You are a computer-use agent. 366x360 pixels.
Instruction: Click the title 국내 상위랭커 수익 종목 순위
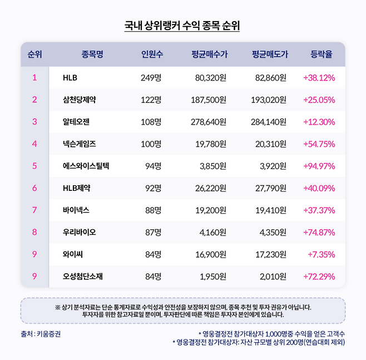(182, 26)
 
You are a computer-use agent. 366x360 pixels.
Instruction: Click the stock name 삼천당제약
(80, 100)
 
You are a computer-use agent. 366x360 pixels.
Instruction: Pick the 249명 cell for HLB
(151, 78)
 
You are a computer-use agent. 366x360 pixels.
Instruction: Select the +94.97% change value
(319, 166)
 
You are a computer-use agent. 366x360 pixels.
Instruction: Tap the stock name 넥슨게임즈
(80, 144)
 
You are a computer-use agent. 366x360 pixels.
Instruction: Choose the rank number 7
(34, 210)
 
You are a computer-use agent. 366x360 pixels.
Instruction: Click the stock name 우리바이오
(80, 232)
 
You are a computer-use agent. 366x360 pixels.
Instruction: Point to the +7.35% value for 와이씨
(323, 254)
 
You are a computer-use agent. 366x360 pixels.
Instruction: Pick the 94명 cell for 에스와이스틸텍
(152, 166)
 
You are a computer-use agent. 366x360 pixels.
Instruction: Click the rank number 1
(34, 78)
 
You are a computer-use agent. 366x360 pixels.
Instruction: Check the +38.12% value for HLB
(319, 78)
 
